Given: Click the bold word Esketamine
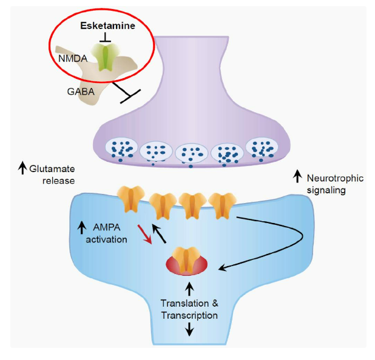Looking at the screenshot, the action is [107, 25].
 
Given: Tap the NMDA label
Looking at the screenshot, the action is [73, 59].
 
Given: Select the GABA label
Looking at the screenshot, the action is [81, 92].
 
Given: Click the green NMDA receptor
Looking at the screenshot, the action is [106, 57].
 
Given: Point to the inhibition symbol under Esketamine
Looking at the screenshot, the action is [105, 38].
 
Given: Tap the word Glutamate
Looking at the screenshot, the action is [52, 169].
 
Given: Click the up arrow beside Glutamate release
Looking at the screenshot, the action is [22, 168].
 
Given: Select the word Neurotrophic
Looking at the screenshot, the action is [335, 178].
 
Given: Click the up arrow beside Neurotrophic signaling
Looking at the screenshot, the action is [297, 176].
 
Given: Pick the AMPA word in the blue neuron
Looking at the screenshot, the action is [107, 227].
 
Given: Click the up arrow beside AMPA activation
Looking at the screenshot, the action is [82, 227].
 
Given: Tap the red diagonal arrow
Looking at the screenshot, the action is [144, 234].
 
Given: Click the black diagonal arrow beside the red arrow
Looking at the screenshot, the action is [159, 233].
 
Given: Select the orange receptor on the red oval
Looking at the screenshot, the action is [187, 259].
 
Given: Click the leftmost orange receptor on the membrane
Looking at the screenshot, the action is [131, 199].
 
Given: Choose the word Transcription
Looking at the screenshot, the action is [189, 315].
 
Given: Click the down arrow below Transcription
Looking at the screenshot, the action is [189, 329].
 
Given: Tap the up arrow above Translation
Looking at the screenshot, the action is [189, 289].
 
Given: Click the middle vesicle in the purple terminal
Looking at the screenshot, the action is [192, 153].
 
